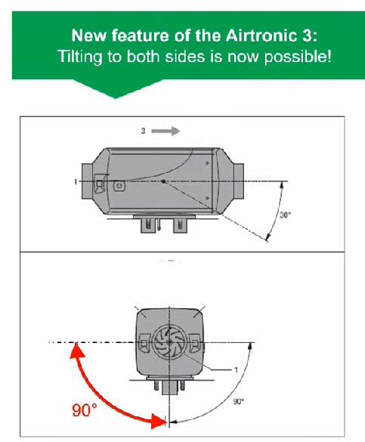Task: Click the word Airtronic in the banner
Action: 261,36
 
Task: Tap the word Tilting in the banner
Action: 80,57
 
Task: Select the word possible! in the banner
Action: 298,57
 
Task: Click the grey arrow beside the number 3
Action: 165,131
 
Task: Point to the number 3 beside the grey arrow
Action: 143,131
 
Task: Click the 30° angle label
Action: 285,215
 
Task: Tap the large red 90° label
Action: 85,410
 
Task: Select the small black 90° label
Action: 239,401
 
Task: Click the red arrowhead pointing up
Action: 76,351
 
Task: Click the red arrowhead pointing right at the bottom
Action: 159,422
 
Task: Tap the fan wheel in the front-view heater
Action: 169,342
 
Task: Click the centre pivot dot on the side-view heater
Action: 163,181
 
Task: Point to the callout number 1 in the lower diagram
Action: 237,369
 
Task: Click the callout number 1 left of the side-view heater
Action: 76,182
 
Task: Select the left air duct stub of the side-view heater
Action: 87,182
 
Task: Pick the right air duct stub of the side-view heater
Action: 239,181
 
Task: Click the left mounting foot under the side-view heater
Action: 148,225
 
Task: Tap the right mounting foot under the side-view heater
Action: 181,225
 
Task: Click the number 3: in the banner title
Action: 310,36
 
